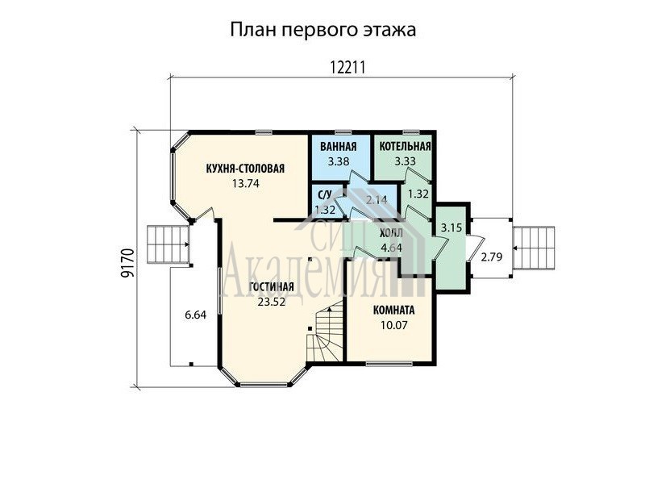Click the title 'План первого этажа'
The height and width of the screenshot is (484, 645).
[323, 30]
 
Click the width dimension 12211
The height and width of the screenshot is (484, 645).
[347, 67]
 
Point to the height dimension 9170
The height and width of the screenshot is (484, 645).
[128, 264]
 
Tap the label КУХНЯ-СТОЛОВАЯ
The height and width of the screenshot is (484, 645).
[245, 169]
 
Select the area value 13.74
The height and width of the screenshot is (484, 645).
[245, 184]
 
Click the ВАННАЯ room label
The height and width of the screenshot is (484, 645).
[339, 147]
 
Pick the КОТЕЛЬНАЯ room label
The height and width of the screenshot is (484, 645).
[405, 147]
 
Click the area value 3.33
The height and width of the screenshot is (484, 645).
[406, 161]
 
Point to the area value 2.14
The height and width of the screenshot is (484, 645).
[377, 200]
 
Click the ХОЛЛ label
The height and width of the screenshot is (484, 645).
[391, 234]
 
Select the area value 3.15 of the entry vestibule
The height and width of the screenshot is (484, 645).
[451, 227]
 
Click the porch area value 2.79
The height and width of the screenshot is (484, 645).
[492, 257]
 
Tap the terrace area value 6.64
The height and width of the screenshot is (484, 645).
[196, 315]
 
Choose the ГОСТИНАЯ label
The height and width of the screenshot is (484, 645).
[272, 287]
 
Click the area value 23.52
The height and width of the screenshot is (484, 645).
[272, 302]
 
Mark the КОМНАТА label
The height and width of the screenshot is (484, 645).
[393, 311]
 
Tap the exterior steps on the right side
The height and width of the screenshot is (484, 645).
[534, 248]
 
